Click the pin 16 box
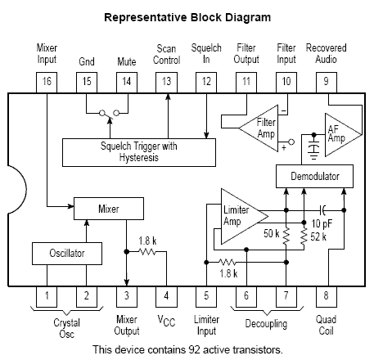47,83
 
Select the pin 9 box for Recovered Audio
327,83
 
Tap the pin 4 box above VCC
166,296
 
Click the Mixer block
109,209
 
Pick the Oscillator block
67,254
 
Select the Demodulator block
314,176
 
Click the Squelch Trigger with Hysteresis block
139,152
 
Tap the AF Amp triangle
340,135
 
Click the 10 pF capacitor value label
322,224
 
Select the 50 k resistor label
272,233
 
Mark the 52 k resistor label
318,236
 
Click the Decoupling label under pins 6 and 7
266,324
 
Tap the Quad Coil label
326,325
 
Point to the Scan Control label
166,54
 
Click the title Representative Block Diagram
187,17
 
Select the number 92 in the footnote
194,349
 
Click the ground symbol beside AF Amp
313,150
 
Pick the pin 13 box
166,83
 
